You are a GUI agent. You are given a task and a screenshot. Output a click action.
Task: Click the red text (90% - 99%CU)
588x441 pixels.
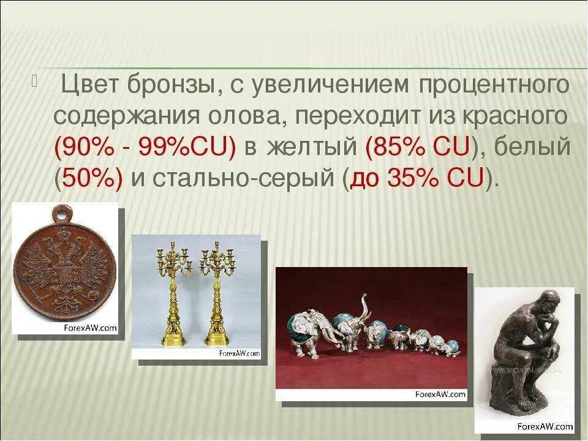(x=145, y=148)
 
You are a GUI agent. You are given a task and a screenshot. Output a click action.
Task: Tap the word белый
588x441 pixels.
(x=532, y=148)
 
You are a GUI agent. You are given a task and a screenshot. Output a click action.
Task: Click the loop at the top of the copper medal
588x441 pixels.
(x=59, y=214)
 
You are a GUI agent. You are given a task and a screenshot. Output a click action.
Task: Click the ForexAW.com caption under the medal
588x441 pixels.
(x=90, y=328)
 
